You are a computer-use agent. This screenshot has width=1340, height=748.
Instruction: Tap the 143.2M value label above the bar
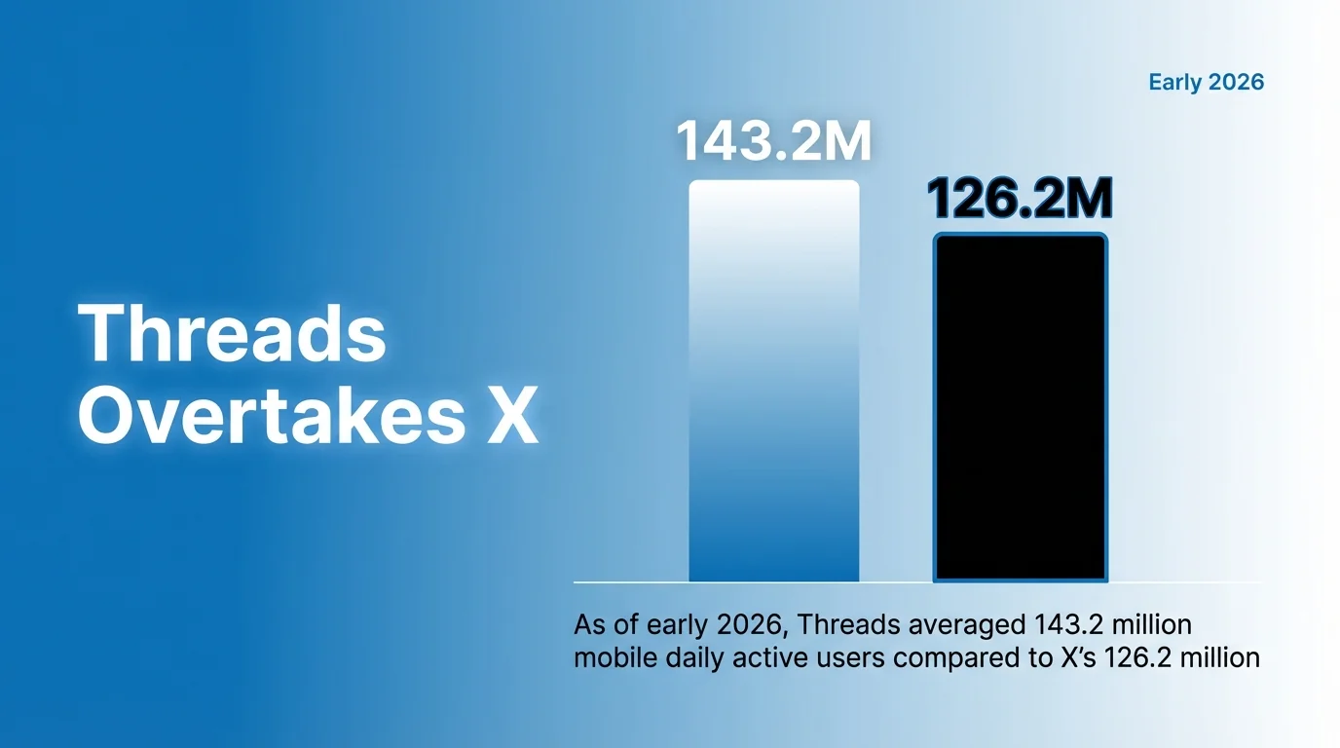coord(774,142)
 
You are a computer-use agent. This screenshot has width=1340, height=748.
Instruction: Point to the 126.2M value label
coord(1020,199)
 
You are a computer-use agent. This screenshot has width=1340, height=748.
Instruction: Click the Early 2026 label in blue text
coord(1206,82)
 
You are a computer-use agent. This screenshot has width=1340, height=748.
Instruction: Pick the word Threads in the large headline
coord(232,334)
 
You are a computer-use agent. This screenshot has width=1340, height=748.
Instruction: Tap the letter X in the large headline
coord(510,418)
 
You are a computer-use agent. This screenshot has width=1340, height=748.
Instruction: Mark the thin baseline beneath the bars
coord(915,582)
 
